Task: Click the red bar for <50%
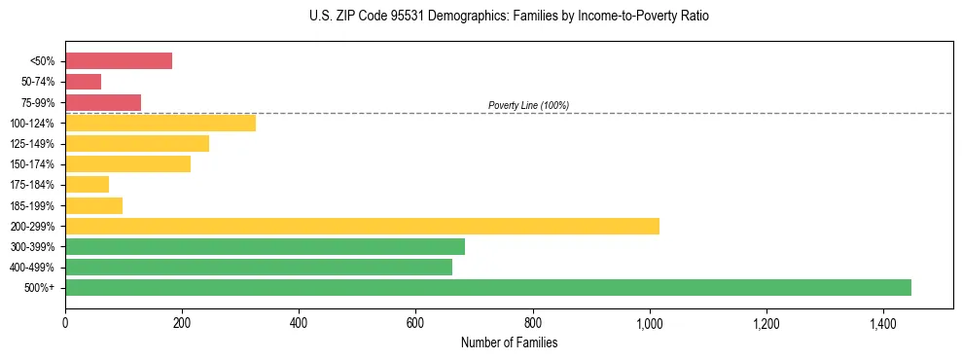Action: [x=119, y=61]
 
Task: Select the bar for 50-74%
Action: [x=83, y=82]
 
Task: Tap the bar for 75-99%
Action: [x=103, y=102]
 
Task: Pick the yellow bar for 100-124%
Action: [x=160, y=123]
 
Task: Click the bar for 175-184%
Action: [x=87, y=185]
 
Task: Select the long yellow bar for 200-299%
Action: [x=362, y=226]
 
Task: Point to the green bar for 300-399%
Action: [x=265, y=246]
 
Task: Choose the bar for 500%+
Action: [x=488, y=287]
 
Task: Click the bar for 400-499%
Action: [x=259, y=267]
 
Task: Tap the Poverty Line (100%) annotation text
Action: [x=528, y=105]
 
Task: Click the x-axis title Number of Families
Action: [x=509, y=342]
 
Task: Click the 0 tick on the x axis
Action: [x=65, y=322]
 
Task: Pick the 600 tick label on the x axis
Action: [x=415, y=322]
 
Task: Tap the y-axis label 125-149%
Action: [x=33, y=144]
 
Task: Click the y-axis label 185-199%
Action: [x=33, y=205]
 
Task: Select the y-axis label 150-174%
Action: [x=33, y=164]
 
